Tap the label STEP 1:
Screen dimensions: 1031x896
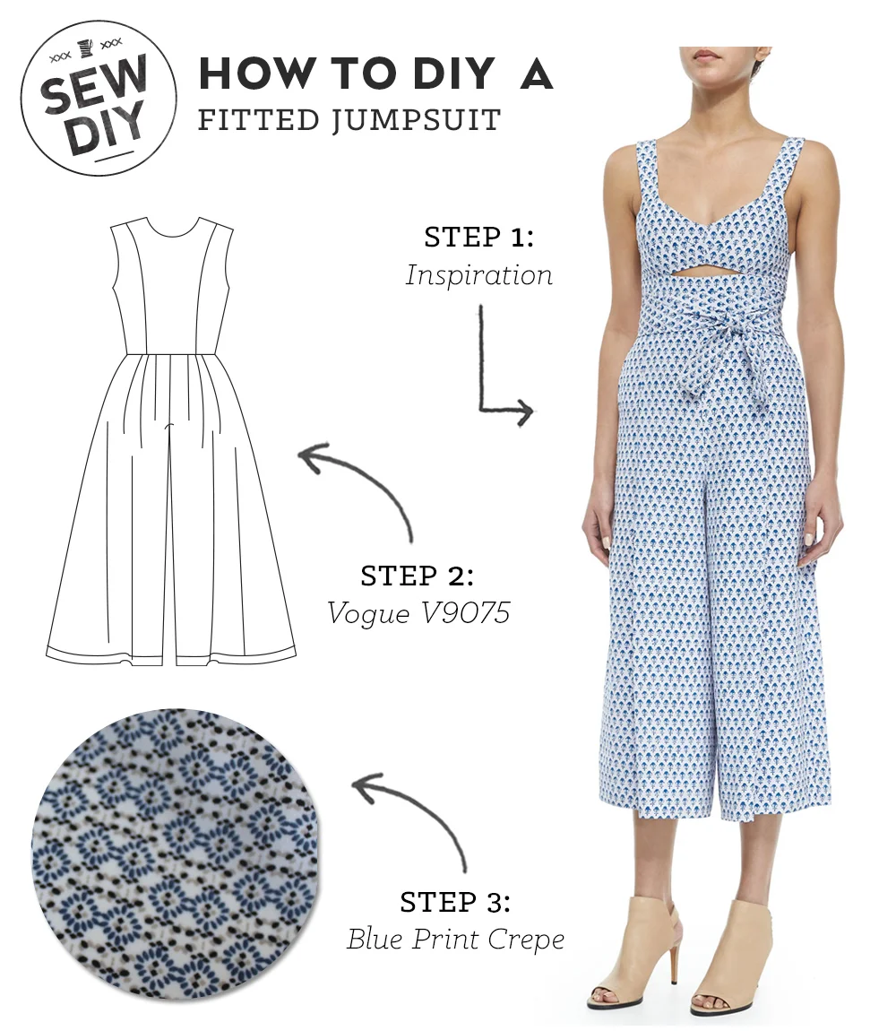pyautogui.click(x=478, y=238)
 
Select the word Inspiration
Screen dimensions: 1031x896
pyautogui.click(x=478, y=274)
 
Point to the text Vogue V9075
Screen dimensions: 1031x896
pyautogui.click(x=418, y=613)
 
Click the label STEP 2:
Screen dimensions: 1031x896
pyautogui.click(x=417, y=576)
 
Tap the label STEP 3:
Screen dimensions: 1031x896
pyautogui.click(x=456, y=901)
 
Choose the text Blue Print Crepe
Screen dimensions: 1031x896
pyautogui.click(x=456, y=939)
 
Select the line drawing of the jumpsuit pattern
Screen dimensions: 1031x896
pyautogui.click(x=171, y=439)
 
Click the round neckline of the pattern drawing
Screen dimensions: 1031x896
pyautogui.click(x=171, y=230)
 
